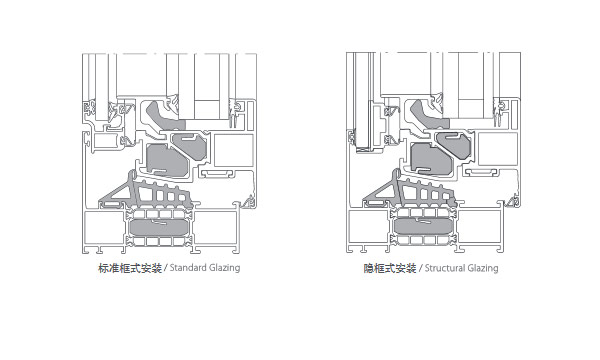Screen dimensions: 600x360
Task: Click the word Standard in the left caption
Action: point(188,267)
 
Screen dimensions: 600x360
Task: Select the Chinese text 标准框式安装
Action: point(130,268)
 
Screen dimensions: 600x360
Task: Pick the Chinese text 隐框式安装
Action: point(390,268)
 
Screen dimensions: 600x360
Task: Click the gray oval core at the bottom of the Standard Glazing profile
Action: point(158,228)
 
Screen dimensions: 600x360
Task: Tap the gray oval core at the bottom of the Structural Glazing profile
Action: point(423,226)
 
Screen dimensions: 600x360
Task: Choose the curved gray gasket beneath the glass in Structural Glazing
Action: point(427,115)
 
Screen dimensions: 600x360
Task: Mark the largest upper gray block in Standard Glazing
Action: point(167,160)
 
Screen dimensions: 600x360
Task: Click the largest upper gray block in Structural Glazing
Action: point(431,159)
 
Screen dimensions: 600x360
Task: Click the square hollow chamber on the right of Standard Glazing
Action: point(234,150)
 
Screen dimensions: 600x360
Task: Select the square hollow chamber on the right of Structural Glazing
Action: point(498,149)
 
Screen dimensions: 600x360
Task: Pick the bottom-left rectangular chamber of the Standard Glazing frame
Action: point(103,228)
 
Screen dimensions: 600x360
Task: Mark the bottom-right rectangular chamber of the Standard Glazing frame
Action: point(215,228)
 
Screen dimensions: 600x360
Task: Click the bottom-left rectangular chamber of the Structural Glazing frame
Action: point(368,226)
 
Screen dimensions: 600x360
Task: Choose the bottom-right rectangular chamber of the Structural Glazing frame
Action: point(479,226)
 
